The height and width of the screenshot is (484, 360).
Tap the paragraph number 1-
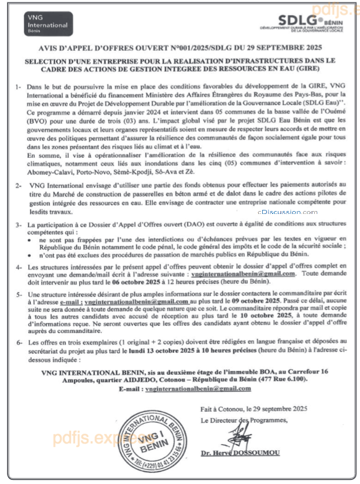tap(19, 87)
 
